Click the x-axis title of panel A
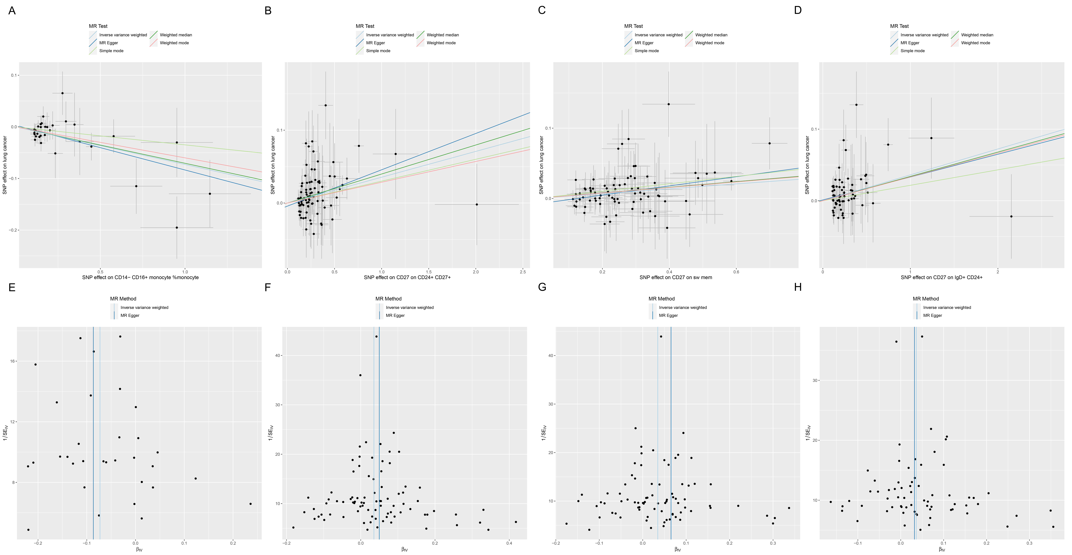click(140, 278)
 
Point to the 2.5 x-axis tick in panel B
click(523, 272)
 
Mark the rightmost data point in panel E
click(250, 504)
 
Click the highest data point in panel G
click(661, 337)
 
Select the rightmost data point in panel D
click(1011, 216)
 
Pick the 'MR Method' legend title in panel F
click(388, 299)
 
